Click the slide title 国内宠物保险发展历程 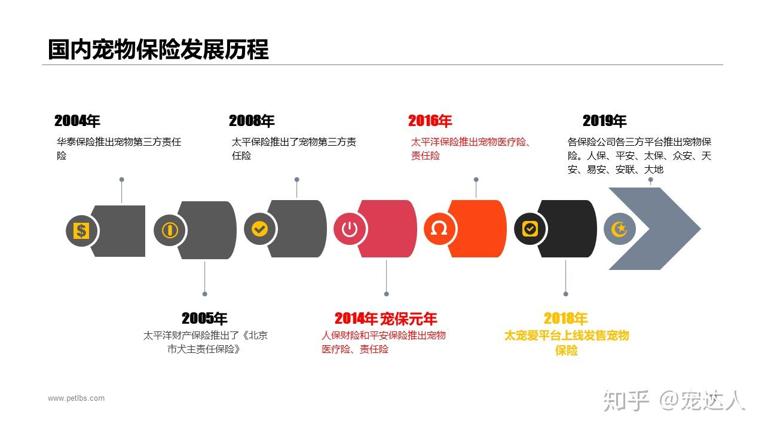(158, 50)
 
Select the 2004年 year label (77, 121)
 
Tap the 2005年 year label (204, 318)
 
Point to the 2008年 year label (252, 121)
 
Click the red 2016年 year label (430, 121)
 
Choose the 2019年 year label (604, 121)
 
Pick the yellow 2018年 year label (565, 318)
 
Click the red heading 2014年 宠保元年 (385, 318)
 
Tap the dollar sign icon (81, 231)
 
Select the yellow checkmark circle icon (259, 229)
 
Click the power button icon (350, 229)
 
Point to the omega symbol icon (439, 229)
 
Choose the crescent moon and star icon (619, 229)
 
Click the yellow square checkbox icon (530, 229)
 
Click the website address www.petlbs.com (76, 398)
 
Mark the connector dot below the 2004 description (121, 179)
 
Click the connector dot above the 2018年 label (565, 293)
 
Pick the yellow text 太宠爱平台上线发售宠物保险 (566, 343)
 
